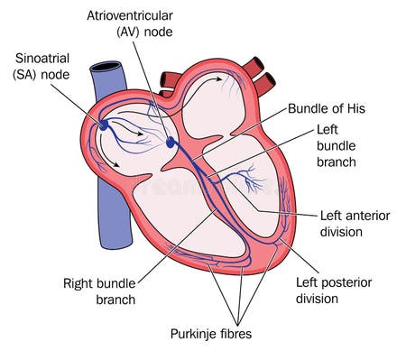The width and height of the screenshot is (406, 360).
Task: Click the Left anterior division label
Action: [x=354, y=224]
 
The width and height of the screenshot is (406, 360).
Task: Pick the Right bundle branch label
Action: [x=100, y=290]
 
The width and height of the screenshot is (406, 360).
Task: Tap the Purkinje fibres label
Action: [x=211, y=334]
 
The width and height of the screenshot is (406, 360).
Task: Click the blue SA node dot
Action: [x=104, y=125]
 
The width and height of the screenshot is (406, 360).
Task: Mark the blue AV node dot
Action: [x=176, y=141]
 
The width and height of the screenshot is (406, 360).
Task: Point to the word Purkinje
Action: [x=193, y=334]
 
